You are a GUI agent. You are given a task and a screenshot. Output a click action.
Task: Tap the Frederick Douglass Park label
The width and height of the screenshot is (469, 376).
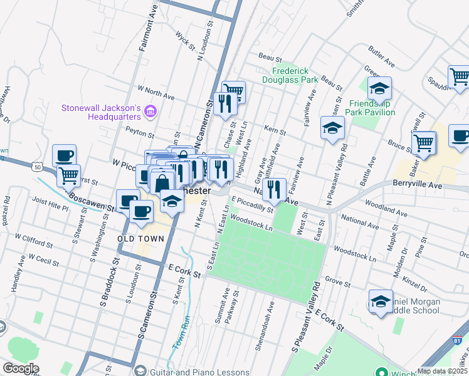[295, 76]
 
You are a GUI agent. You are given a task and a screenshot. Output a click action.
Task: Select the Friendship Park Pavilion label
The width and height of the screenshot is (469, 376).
[372, 107]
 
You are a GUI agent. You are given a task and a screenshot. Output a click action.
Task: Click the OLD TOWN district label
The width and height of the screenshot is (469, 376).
[141, 239]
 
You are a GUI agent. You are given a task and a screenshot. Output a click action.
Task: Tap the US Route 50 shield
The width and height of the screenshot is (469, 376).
[38, 167]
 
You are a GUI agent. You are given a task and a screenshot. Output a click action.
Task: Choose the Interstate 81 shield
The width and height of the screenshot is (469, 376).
[459, 342]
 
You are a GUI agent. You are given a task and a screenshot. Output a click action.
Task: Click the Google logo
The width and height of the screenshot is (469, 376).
[21, 368]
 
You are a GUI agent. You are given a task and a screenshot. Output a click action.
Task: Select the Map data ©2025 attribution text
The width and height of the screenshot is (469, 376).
[442, 371]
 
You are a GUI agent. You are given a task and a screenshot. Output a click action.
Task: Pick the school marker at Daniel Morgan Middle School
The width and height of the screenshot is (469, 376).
[381, 302]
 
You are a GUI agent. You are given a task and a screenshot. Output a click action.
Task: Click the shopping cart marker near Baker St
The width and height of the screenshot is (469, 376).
[424, 142]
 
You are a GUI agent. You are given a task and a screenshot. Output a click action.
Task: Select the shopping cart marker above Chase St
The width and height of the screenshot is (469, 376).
[233, 92]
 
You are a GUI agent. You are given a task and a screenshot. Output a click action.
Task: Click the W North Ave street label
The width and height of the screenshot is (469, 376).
[155, 93]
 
